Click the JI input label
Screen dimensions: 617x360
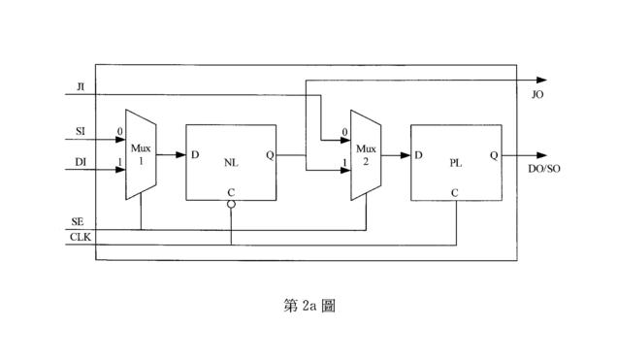[81, 86]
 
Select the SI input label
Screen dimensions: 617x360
[81, 131]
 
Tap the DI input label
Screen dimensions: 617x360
[81, 162]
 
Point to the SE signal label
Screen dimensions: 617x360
[78, 222]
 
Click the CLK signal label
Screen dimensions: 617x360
[81, 237]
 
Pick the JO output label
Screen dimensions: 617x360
[537, 95]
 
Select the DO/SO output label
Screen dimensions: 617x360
[544, 169]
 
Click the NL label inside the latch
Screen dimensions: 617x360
[231, 162]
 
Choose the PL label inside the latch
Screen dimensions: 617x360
[456, 163]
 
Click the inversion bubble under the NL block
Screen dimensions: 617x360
[231, 205]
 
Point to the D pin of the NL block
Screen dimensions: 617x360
[195, 154]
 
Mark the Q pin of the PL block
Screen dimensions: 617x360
[494, 155]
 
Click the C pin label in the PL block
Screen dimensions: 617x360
[455, 193]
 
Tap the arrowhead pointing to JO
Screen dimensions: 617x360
[542, 81]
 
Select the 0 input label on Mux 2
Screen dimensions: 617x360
[344, 132]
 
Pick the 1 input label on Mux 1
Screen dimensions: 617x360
[119, 162]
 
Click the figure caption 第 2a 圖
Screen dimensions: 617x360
[309, 306]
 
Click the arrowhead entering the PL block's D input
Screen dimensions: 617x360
[406, 155]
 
